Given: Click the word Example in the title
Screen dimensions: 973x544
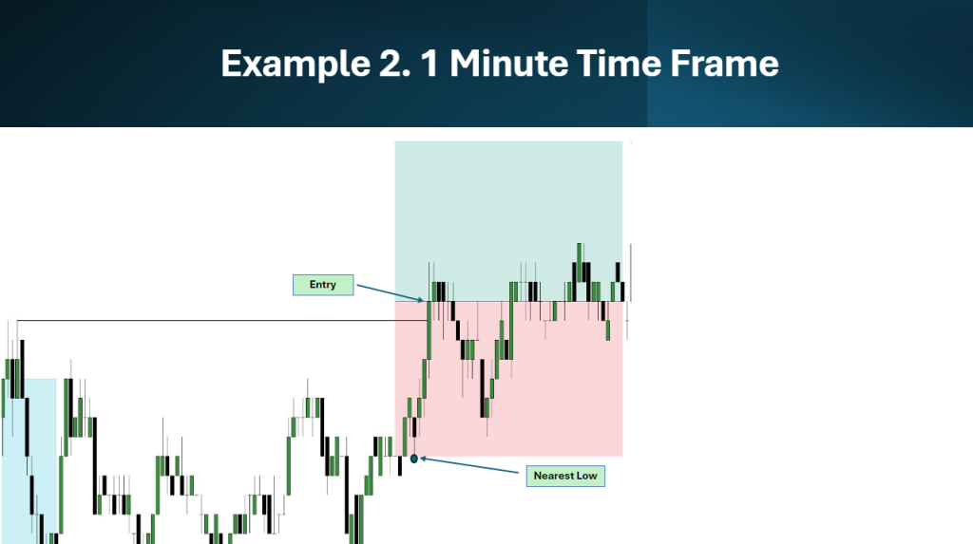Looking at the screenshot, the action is [x=296, y=65].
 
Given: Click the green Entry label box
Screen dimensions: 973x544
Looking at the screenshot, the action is [x=323, y=285].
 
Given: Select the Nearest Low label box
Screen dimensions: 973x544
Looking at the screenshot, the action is [x=565, y=476].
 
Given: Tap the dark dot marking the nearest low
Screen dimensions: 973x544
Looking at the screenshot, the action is [x=414, y=459].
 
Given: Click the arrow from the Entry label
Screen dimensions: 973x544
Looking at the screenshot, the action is [x=391, y=293].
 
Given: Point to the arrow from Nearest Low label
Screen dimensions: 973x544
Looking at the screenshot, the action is [x=469, y=465].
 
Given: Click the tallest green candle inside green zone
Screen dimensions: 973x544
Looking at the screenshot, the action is [x=579, y=263].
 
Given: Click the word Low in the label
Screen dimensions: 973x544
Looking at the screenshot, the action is [x=586, y=476].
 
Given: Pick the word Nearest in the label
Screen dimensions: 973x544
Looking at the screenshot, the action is [x=553, y=476].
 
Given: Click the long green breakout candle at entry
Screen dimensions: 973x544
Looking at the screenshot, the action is [x=429, y=329].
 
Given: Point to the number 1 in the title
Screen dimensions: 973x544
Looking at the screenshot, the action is [x=429, y=64].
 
